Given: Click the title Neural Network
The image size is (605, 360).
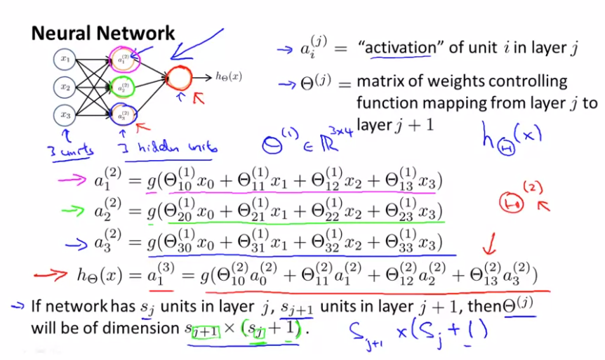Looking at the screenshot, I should click(102, 32).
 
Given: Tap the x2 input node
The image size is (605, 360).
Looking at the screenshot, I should click(65, 87).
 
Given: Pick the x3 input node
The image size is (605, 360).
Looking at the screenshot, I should click(65, 114).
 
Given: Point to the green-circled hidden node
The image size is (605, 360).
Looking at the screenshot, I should click(124, 87).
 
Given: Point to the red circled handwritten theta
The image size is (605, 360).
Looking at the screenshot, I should click(510, 202).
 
